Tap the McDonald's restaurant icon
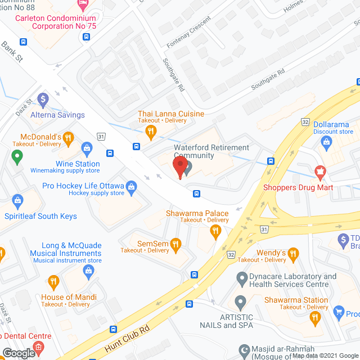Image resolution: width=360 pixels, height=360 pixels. point(68,137)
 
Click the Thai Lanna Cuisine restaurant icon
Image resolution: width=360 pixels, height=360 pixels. point(150,132)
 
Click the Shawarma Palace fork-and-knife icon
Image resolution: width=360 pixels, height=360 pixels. point(214,231)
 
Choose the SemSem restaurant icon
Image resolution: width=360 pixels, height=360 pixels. point(176,244)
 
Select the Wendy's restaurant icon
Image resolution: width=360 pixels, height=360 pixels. point(292,256)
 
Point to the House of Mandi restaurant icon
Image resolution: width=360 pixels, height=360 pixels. point(53,281)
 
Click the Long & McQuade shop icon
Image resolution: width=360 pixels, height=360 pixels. point(88,271)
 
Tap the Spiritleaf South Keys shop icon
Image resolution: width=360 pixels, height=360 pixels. point(17,200)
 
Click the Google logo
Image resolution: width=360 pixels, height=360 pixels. point(18,353)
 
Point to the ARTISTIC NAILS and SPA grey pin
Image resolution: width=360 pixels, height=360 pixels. point(241,301)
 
